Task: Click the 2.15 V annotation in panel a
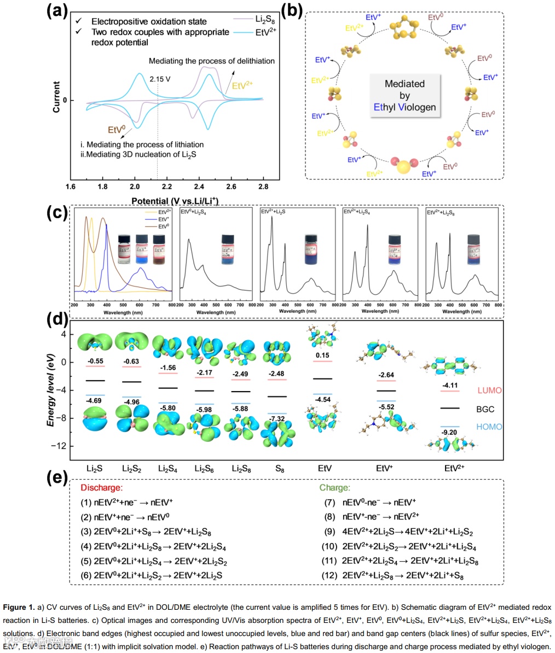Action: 160,79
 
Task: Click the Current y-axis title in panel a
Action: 56,97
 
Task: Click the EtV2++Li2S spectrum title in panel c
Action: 276,211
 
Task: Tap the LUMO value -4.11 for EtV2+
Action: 450,386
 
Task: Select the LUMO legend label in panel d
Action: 489,390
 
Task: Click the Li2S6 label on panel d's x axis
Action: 204,469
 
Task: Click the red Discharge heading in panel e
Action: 101,487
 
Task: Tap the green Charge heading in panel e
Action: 334,487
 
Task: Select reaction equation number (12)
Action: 332,575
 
